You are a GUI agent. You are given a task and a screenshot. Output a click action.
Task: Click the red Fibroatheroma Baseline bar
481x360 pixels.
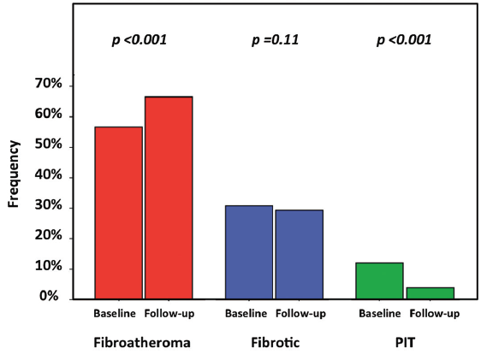118,213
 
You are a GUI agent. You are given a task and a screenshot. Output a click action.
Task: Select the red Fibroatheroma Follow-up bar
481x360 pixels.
168,198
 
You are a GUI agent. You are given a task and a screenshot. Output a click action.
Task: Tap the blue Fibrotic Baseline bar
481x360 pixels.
248,252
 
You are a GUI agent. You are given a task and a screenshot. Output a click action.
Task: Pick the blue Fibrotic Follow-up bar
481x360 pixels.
299,254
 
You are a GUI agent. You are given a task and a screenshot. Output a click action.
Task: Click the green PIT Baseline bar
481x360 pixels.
378,280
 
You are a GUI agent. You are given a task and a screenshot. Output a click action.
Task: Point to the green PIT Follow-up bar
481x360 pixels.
430,292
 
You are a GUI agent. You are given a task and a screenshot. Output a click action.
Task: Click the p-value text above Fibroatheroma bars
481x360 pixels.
140,40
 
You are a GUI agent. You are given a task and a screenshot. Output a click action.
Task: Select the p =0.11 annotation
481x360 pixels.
276,40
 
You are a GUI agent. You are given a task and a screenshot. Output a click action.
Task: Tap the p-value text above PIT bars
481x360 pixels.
404,40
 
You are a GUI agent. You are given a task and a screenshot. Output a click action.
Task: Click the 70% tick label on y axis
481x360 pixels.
48,85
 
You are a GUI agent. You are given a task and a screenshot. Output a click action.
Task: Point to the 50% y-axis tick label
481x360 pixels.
48,145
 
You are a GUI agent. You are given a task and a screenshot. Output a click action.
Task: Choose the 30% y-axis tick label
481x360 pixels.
48,207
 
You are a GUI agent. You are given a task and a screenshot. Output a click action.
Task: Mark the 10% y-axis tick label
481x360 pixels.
48,268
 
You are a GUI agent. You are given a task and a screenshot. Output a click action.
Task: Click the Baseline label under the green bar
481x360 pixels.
378,314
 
